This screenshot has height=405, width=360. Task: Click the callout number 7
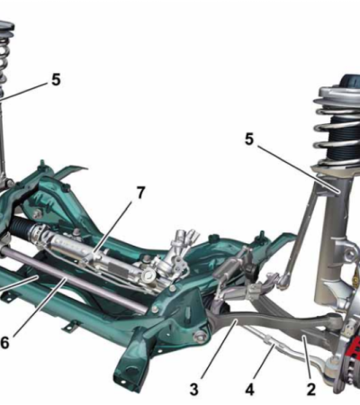(x=140, y=193)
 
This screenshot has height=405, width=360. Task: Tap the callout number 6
(x=4, y=343)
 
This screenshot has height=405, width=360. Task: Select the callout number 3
(x=194, y=390)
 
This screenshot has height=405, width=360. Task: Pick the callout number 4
(x=249, y=390)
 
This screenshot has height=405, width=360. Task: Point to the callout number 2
(x=311, y=390)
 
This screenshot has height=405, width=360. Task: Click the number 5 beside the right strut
(x=249, y=139)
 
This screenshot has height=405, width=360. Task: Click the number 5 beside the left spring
(x=56, y=80)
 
